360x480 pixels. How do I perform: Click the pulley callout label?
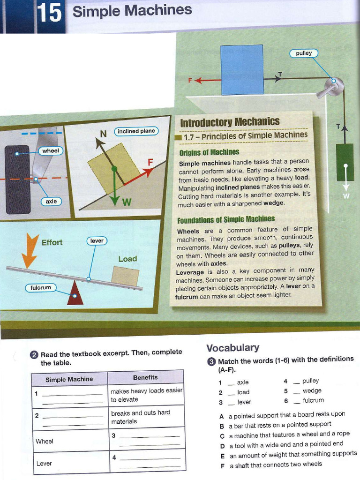(x=304, y=53)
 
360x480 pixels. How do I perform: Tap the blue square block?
(x=242, y=70)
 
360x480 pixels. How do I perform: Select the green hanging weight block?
(x=345, y=162)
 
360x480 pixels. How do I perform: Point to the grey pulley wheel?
(x=335, y=86)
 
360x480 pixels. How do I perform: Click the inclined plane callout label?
(x=136, y=131)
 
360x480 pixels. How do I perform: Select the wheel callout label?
(x=51, y=151)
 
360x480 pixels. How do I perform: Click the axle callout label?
(x=51, y=201)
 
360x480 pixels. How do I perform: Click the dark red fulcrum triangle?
(x=75, y=294)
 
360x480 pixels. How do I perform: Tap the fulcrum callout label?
(x=41, y=287)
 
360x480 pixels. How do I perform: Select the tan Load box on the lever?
(x=125, y=276)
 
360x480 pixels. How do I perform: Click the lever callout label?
(x=97, y=240)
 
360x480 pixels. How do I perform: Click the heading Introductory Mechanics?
(x=230, y=122)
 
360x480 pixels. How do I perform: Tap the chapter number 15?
(x=49, y=13)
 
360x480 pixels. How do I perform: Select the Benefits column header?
(x=145, y=377)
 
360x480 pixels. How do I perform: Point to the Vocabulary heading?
(x=232, y=347)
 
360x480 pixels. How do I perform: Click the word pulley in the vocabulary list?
(x=310, y=381)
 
